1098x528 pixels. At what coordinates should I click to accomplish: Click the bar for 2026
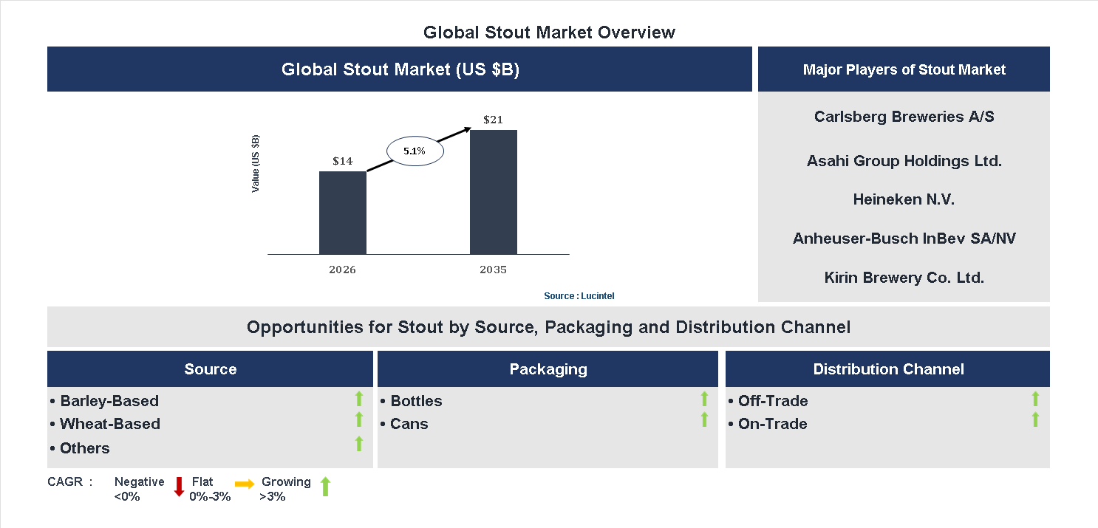342,213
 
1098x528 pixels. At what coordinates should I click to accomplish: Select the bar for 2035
493,192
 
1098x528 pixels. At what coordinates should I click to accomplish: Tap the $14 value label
342,161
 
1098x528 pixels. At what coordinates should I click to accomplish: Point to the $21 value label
493,120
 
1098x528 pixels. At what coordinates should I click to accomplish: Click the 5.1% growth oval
415,151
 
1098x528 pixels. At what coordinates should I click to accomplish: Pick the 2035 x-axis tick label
493,270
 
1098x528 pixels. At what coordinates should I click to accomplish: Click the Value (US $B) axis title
256,164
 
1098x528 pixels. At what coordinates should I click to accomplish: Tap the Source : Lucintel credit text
579,296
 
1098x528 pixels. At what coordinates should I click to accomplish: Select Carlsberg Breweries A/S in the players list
904,117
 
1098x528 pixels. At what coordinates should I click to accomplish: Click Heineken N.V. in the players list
904,199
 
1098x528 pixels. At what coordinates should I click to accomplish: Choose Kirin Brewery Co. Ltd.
904,278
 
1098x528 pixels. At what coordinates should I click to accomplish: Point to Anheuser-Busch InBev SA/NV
904,239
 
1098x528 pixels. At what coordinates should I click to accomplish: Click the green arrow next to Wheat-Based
359,420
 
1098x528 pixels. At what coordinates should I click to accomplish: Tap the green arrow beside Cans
704,420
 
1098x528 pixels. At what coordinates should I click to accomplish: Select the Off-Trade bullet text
772,401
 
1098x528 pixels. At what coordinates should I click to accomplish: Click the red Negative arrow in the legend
179,487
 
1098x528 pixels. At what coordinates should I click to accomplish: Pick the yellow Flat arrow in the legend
245,484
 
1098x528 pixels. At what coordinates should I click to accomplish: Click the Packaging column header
548,369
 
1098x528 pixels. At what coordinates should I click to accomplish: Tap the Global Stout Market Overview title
549,32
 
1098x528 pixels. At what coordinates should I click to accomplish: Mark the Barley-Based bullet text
109,401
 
